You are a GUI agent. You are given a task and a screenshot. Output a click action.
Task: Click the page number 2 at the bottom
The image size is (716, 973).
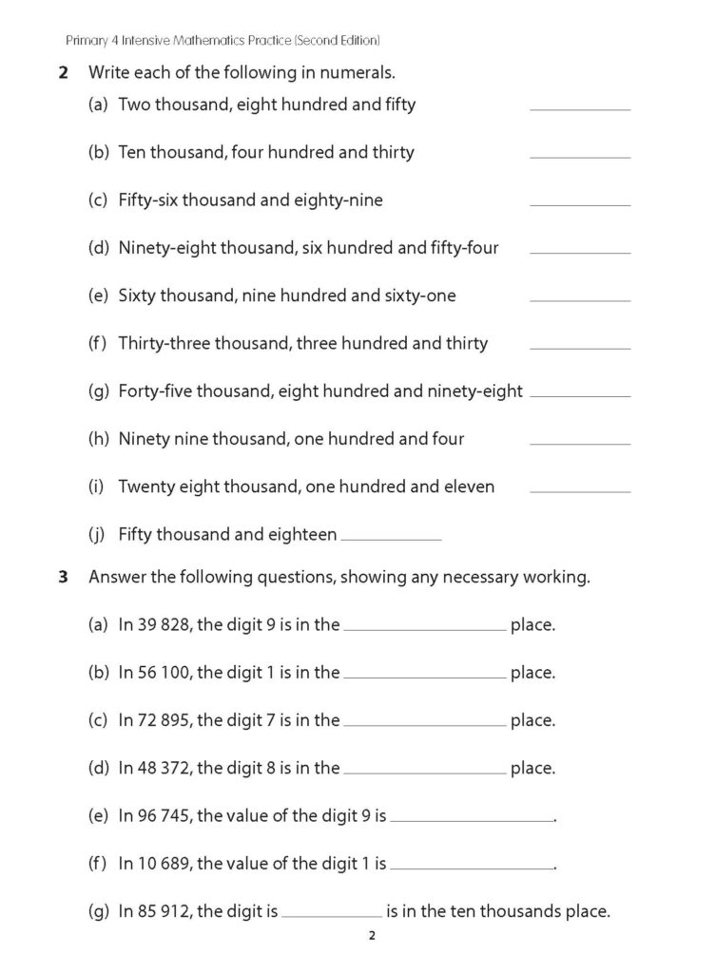[x=372, y=937]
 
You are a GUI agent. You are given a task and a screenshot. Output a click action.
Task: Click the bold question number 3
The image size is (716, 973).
[x=63, y=577]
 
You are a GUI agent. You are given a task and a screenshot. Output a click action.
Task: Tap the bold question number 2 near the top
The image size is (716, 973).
[x=63, y=72]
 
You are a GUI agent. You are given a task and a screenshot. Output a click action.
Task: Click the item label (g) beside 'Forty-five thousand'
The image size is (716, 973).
[x=98, y=391]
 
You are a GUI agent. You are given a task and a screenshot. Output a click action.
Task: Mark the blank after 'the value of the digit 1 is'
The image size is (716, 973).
[x=472, y=867]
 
